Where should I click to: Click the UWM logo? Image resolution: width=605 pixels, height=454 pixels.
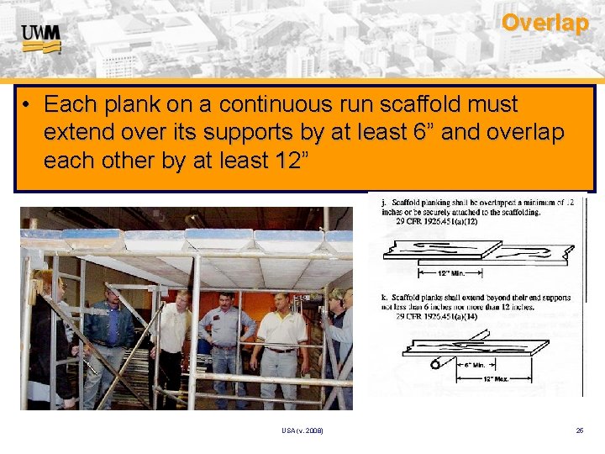41,38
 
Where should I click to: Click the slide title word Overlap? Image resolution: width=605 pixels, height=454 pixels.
544,23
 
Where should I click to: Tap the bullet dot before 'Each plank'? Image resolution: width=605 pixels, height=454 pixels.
28,105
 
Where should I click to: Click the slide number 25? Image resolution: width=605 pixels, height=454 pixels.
580,431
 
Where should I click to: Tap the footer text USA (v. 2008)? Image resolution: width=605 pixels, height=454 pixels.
302,431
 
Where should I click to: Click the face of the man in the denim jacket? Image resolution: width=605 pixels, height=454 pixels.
112,298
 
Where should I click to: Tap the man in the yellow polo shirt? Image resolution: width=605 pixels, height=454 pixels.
281,336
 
